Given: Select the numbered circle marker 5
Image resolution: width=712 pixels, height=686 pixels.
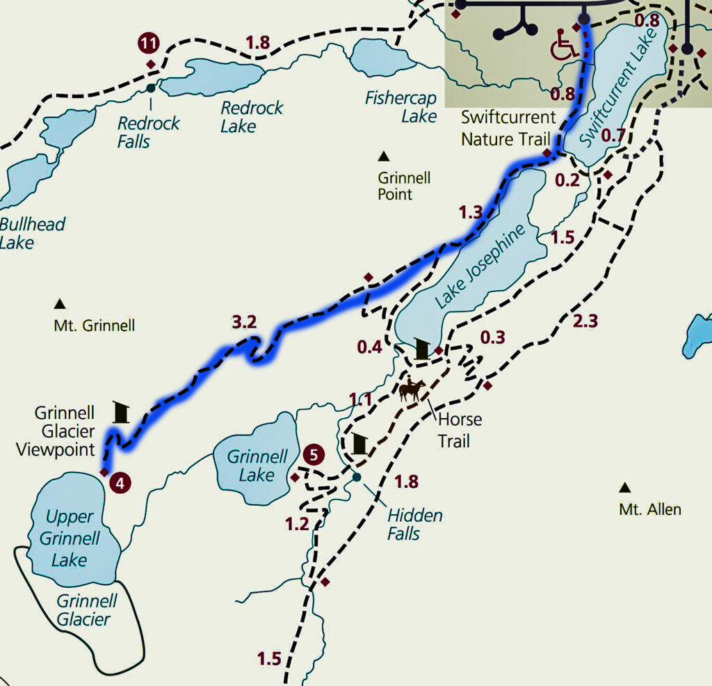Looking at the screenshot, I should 314,456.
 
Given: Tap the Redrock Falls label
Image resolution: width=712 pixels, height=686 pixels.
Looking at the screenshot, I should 148,132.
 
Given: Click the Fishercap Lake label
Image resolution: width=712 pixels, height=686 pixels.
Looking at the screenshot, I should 401,107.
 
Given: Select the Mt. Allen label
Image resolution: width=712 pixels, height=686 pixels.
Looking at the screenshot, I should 649,509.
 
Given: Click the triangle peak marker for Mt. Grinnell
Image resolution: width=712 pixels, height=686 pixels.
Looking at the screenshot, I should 60,303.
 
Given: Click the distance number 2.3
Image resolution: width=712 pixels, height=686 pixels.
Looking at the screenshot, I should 585,321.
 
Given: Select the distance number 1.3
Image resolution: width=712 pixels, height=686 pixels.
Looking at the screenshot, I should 471,213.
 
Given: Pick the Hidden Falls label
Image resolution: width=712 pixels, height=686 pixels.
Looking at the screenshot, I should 414,524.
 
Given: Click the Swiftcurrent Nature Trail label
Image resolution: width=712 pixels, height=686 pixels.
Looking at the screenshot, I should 508,128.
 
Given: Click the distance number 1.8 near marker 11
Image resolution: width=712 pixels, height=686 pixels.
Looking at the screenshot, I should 257,42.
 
